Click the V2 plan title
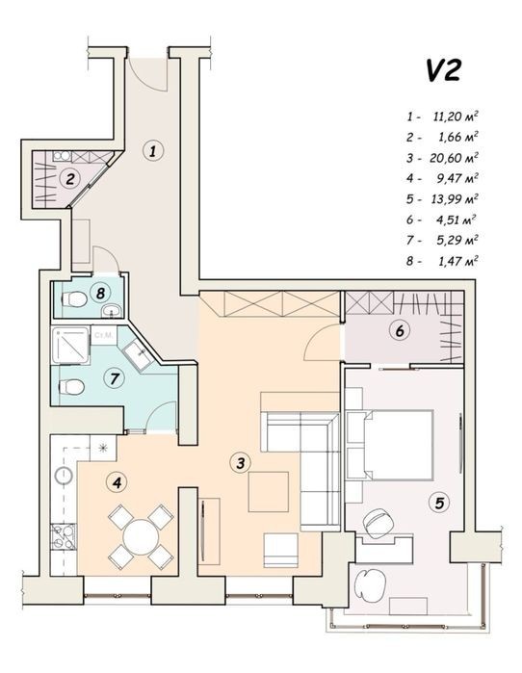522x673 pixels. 443,70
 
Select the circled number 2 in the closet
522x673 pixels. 70,178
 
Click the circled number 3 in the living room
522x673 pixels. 240,463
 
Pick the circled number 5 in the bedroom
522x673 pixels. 439,503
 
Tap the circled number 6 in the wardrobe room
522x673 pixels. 400,330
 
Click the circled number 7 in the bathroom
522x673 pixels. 115,378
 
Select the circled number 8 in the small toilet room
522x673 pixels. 101,293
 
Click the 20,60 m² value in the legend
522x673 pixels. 455,158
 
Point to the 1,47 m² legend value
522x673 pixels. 457,261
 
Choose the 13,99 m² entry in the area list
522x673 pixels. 455,198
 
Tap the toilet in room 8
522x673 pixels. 74,299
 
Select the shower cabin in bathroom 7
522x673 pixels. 70,345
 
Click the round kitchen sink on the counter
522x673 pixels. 64,475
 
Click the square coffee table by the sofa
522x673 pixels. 269,492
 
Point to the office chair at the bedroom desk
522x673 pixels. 378,523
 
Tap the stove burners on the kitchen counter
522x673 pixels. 64,537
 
